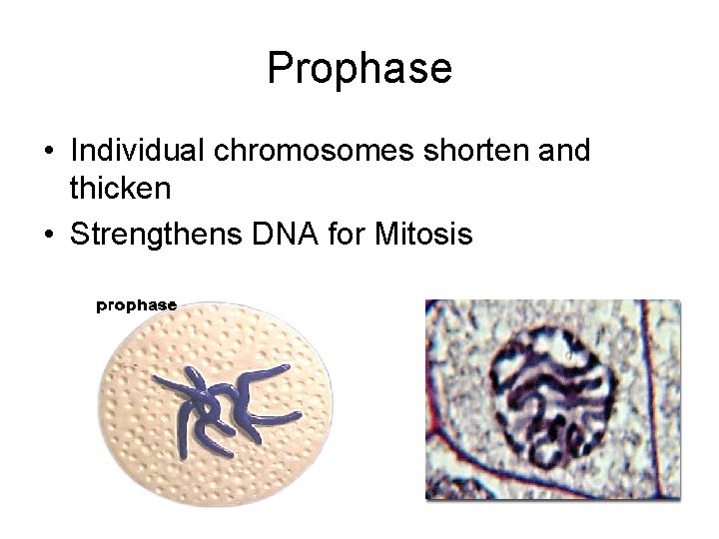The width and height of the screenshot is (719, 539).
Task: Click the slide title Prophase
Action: (359, 68)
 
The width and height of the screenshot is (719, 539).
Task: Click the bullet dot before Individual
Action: (48, 153)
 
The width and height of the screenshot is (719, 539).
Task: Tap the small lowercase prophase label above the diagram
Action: (137, 305)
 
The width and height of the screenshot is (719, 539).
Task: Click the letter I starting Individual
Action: (75, 151)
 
